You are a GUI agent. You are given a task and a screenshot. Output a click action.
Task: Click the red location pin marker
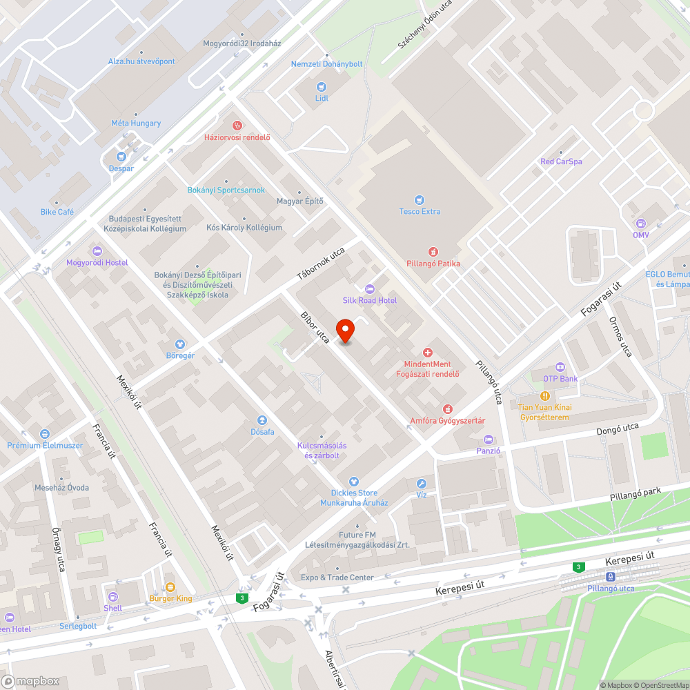345,331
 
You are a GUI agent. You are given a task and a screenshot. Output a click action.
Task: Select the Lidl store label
322,98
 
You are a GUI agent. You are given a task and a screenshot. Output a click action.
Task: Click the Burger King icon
170,587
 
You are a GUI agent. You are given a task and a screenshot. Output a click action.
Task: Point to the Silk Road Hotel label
370,300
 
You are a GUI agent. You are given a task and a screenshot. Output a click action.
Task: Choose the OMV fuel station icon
641,224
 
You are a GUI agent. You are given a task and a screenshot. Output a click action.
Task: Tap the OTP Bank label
560,379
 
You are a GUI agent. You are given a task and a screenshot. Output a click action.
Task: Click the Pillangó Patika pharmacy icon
433,252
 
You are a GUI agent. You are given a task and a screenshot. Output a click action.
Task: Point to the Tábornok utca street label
321,264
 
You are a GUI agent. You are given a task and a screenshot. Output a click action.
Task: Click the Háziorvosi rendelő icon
237,125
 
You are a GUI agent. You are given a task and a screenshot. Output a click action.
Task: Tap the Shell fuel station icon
113,597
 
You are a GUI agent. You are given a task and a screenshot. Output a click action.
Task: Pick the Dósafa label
262,432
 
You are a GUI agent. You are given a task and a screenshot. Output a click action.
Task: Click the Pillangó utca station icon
611,577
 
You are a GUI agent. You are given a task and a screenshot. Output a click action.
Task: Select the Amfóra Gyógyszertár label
448,421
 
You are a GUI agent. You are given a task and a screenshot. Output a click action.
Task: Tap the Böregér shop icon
180,344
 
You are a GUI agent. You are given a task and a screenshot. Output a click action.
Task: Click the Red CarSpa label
561,161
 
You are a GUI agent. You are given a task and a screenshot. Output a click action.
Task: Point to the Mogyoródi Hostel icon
97,250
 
